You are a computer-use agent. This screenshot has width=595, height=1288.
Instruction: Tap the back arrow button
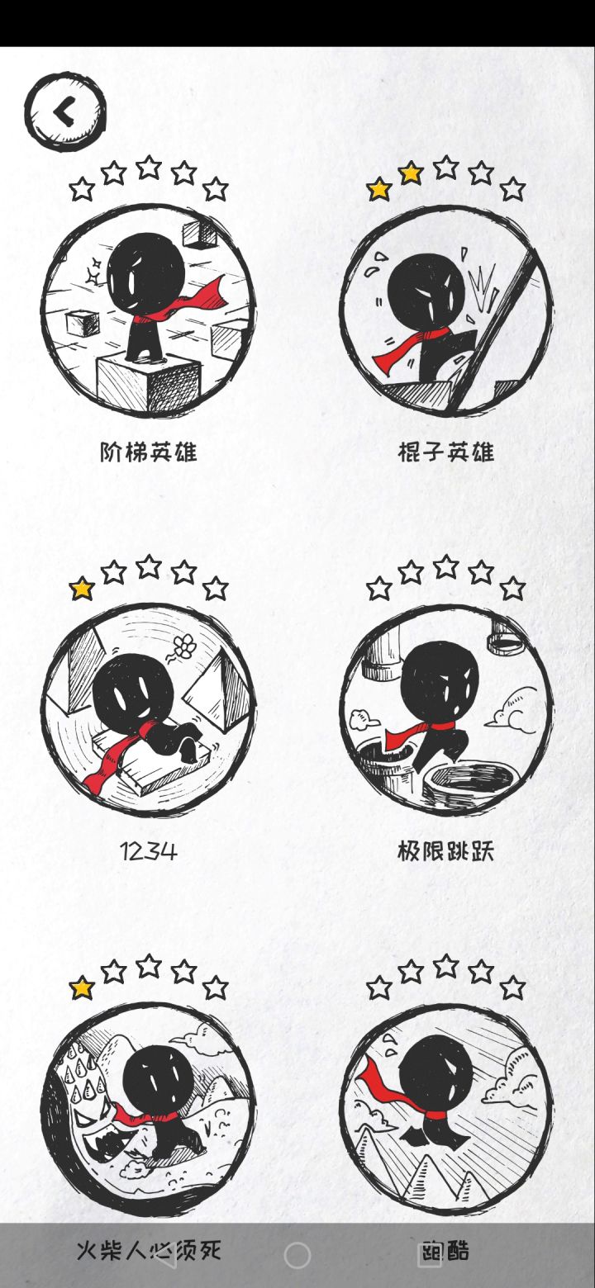(x=65, y=111)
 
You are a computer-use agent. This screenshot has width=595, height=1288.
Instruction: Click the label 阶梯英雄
(x=149, y=452)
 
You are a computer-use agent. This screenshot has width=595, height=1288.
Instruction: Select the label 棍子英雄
(x=446, y=452)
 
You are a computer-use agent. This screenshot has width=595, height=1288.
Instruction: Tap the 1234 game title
(x=149, y=851)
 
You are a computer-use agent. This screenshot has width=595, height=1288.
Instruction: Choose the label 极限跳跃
(x=446, y=851)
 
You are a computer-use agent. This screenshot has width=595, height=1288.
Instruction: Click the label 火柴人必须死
(x=149, y=1250)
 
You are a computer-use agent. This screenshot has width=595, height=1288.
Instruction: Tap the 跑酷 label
(x=446, y=1250)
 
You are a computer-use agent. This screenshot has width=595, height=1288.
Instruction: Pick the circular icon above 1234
(x=149, y=710)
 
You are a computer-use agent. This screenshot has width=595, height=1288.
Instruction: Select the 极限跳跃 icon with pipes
(x=446, y=710)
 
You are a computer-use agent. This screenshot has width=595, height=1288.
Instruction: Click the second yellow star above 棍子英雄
(x=411, y=173)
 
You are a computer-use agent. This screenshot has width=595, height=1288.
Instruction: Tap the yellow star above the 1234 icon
(x=82, y=589)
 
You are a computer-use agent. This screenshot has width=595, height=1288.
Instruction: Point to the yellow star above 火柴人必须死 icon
(x=82, y=987)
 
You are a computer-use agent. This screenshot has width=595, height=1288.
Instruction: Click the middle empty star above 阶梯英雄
(x=149, y=167)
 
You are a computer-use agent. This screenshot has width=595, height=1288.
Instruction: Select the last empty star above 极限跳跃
(x=512, y=589)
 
